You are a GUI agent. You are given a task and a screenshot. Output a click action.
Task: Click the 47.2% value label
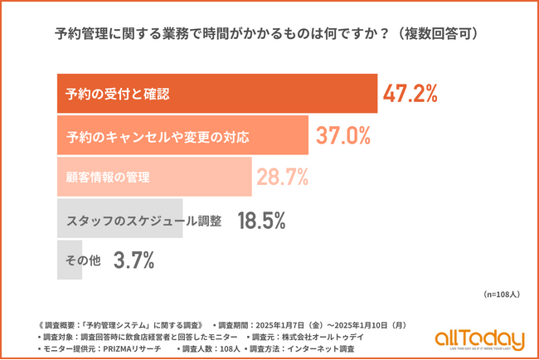click(410, 94)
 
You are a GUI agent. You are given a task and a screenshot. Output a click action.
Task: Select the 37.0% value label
click(341, 135)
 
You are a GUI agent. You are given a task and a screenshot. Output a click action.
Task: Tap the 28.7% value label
click(283, 177)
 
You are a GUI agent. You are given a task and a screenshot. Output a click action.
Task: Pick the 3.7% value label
click(134, 260)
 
